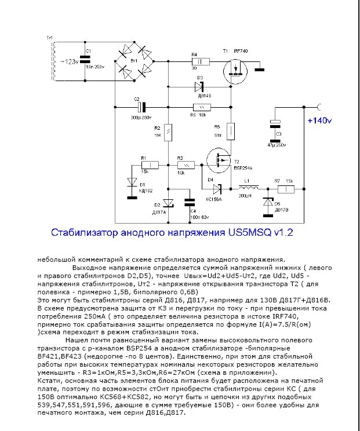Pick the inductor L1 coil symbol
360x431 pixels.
[250, 189]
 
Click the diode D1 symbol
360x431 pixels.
[129, 181]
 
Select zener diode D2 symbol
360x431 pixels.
[168, 203]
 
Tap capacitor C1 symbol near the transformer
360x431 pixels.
[88, 60]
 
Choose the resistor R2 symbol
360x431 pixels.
[168, 132]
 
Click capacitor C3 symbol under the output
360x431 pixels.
[276, 125]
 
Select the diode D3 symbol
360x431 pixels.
[199, 86]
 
